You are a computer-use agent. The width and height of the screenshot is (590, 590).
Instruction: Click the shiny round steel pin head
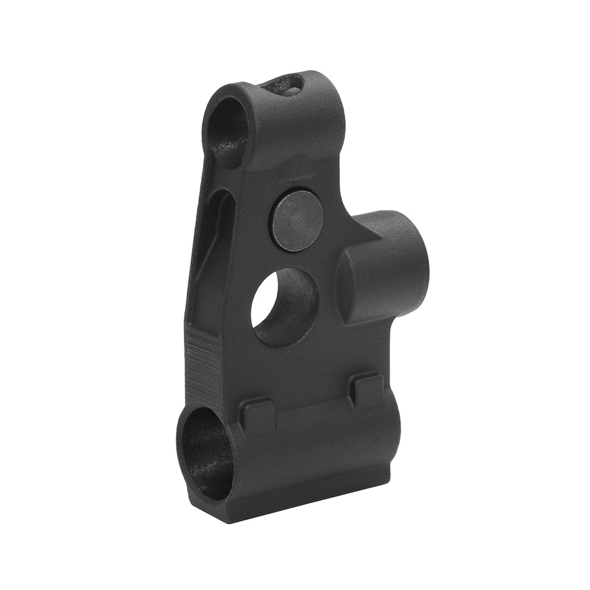point(296,220)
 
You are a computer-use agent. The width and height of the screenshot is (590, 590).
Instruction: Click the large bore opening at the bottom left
point(206,453)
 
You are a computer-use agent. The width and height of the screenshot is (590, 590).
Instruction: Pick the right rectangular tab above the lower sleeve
point(367,390)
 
